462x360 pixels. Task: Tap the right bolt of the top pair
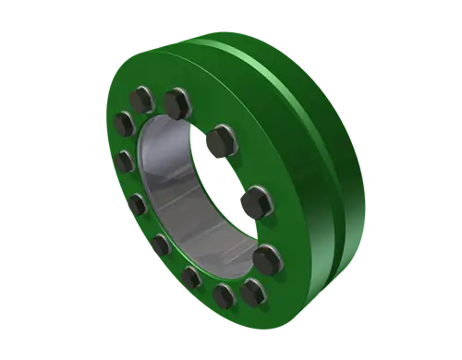click(x=176, y=97)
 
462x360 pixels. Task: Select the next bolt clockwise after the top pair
click(x=219, y=141)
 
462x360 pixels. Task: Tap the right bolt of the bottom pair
click(x=252, y=293)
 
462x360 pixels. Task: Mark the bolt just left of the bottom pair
click(x=192, y=276)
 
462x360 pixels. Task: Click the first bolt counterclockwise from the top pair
click(x=124, y=124)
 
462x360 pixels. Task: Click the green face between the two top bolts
click(x=160, y=92)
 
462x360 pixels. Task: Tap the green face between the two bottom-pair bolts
click(x=238, y=297)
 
